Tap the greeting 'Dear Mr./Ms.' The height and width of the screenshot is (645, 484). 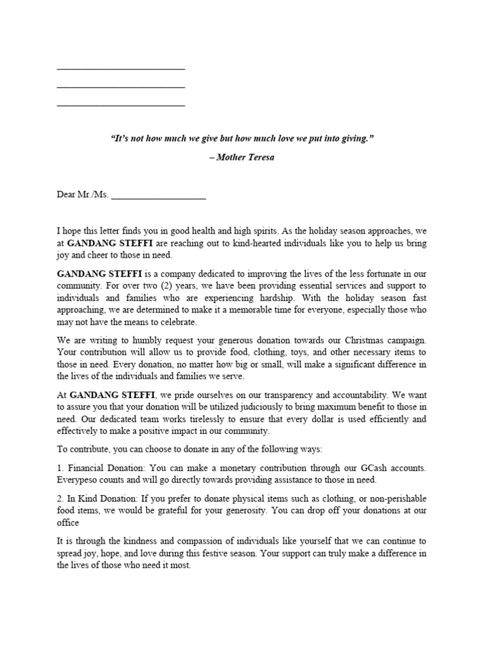pyautogui.click(x=83, y=195)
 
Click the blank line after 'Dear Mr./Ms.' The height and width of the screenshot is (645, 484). pyautogui.click(x=158, y=197)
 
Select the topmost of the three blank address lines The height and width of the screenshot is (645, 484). pyautogui.click(x=121, y=69)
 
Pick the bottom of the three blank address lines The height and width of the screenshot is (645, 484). pyautogui.click(x=121, y=105)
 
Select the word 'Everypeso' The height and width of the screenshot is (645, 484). pyautogui.click(x=77, y=479)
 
